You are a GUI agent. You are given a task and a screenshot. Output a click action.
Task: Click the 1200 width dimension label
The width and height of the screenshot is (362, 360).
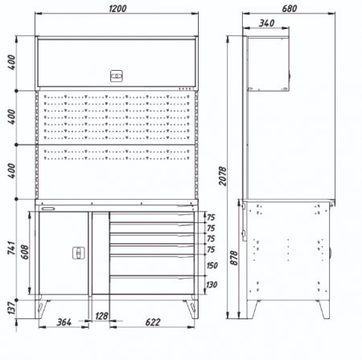coord(117,9)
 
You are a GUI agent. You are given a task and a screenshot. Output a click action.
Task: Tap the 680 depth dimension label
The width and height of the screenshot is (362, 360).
coord(290,9)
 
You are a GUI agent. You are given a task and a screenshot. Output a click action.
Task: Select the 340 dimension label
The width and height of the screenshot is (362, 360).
coord(266,23)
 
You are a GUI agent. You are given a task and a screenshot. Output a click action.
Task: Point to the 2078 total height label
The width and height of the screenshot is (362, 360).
coord(223,176)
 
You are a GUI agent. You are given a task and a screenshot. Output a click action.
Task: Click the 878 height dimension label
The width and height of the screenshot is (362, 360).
coord(234,258)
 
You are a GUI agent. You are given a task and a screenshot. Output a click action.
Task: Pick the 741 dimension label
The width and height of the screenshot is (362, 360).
coord(11,248)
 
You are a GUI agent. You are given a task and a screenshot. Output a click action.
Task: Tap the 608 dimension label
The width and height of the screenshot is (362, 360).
coord(25,252)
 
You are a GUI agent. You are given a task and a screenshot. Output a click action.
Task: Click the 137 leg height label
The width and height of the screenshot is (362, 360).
coord(11,308)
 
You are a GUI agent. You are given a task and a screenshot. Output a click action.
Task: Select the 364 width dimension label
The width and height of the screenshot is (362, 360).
coord(64,322)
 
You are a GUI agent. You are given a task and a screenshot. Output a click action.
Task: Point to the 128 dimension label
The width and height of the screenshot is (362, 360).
coord(101,316)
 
